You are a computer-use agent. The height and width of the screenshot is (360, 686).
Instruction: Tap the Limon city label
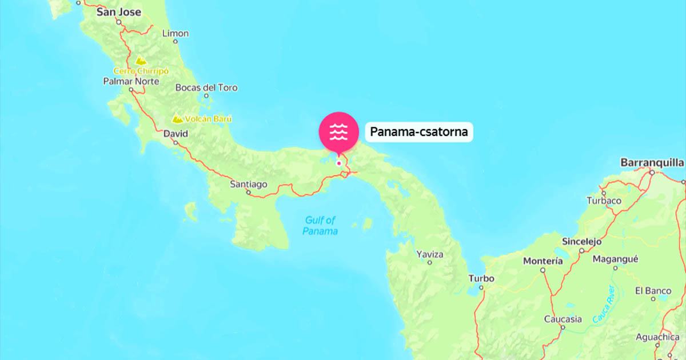(x=176, y=33)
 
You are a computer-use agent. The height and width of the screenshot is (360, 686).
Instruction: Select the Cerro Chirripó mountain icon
(x=139, y=60)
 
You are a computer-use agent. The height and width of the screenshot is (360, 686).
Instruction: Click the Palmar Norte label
(x=131, y=81)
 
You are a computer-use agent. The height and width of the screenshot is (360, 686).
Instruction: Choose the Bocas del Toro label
(x=206, y=87)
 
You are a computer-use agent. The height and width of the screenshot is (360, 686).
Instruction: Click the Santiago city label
(x=248, y=184)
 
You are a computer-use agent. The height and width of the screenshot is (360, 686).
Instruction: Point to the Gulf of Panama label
(x=320, y=225)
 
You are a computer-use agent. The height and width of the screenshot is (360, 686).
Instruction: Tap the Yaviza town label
(x=430, y=253)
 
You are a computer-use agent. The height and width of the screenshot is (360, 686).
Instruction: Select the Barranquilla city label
(x=652, y=162)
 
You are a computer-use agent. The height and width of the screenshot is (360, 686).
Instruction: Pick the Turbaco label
(x=604, y=201)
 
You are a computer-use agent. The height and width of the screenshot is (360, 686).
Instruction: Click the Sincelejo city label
(x=582, y=241)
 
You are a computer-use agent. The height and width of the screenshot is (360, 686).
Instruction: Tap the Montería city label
(x=543, y=261)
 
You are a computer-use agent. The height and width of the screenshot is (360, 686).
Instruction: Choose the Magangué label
(x=615, y=258)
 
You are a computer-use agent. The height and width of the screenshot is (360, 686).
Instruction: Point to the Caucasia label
(x=563, y=319)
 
